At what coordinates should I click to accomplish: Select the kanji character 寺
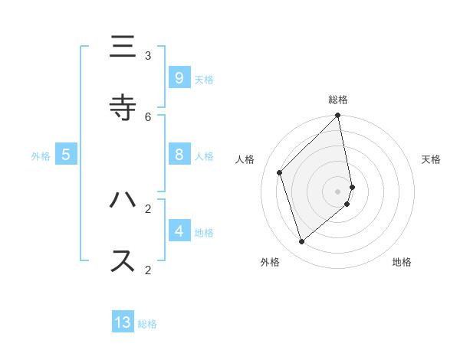coord(123,107)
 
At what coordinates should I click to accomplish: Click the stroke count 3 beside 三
coord(148,55)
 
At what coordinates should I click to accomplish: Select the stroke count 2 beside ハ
coord(148,208)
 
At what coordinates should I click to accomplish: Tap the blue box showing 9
coord(179,77)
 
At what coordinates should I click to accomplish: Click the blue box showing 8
coord(179,155)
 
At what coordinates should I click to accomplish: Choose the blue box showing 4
coord(179,231)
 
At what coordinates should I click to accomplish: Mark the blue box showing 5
coord(66,155)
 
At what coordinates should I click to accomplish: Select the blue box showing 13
coord(123,322)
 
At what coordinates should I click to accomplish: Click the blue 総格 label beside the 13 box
coord(147,324)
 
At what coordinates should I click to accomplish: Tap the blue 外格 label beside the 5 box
coord(41,156)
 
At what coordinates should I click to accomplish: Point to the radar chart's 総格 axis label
coord(338,100)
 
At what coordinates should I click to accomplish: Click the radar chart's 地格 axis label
coord(402,262)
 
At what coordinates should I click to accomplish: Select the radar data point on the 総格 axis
coord(338,116)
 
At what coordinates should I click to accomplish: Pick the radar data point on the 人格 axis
coord(280,172)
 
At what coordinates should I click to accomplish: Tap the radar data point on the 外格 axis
coord(302,241)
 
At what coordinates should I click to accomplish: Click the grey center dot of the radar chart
coord(338,191)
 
